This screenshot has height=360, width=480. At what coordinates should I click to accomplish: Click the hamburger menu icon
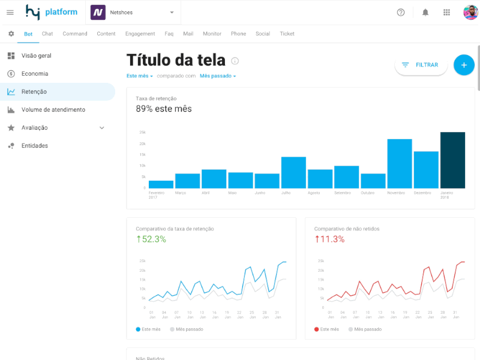(10, 12)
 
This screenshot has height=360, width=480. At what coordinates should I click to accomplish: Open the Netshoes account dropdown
(172, 12)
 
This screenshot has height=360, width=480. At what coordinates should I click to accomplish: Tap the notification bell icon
(425, 12)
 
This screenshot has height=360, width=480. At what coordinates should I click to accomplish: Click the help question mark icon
(401, 12)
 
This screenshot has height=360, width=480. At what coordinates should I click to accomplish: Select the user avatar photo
(470, 12)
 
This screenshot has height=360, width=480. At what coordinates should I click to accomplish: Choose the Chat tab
(47, 34)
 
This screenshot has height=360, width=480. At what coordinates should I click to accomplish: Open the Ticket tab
(287, 34)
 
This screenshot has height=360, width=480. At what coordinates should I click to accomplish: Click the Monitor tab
(212, 34)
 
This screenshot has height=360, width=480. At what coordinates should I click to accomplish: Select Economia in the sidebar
(35, 74)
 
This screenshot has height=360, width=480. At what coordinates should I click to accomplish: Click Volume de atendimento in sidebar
(53, 110)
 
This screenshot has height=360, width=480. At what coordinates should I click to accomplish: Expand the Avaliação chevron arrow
(101, 128)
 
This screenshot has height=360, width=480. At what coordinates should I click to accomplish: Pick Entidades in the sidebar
(35, 146)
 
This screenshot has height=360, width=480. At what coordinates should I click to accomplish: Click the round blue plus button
(464, 65)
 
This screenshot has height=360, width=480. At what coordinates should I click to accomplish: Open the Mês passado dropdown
(218, 76)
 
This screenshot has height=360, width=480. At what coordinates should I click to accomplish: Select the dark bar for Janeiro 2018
(452, 160)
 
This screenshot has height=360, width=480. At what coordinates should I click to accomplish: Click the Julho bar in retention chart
(293, 173)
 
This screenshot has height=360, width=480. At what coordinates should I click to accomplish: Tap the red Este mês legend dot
(317, 329)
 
